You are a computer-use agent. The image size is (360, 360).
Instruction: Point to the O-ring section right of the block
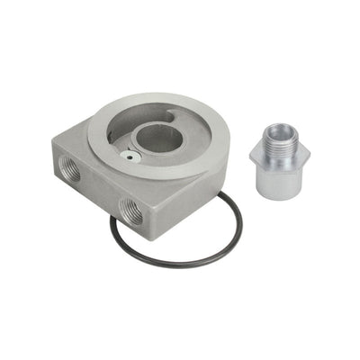tap(237, 236)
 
